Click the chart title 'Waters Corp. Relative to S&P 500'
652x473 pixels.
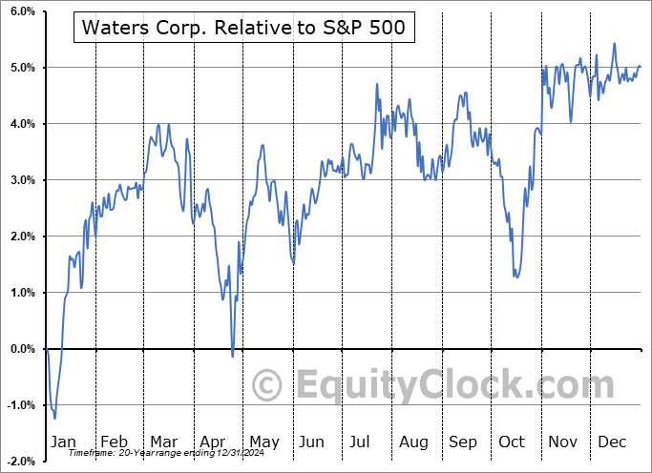click(x=243, y=29)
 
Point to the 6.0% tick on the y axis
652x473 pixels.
click(x=22, y=11)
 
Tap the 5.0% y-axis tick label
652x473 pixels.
click(x=22, y=68)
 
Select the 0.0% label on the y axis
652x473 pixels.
click(x=22, y=349)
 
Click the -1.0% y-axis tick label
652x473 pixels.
click(x=20, y=405)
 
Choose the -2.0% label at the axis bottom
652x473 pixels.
click(x=20, y=462)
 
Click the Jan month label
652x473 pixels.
click(x=64, y=442)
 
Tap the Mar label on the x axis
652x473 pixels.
click(x=163, y=442)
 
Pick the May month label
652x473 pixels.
click(x=263, y=442)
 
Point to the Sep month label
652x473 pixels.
click(x=464, y=442)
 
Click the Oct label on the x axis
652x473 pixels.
click(x=513, y=442)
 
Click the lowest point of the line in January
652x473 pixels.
click(x=54, y=418)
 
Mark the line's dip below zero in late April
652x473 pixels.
click(x=232, y=357)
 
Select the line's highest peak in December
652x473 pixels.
click(x=614, y=43)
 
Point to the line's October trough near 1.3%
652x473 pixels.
click(x=516, y=277)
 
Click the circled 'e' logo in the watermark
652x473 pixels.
click(x=268, y=385)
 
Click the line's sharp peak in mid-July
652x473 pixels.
click(x=377, y=85)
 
